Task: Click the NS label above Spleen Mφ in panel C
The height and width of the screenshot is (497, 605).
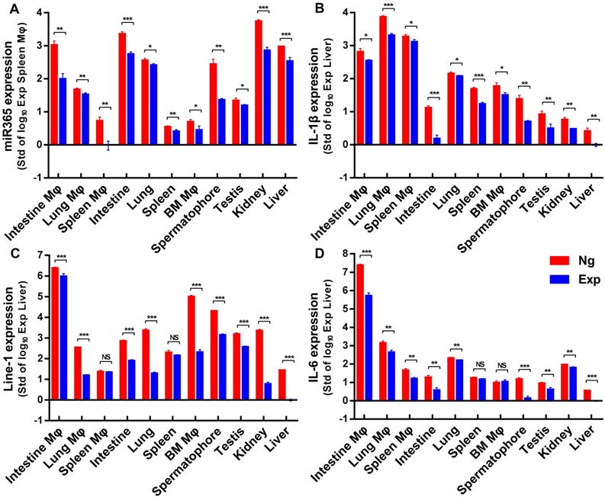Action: (105, 362)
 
